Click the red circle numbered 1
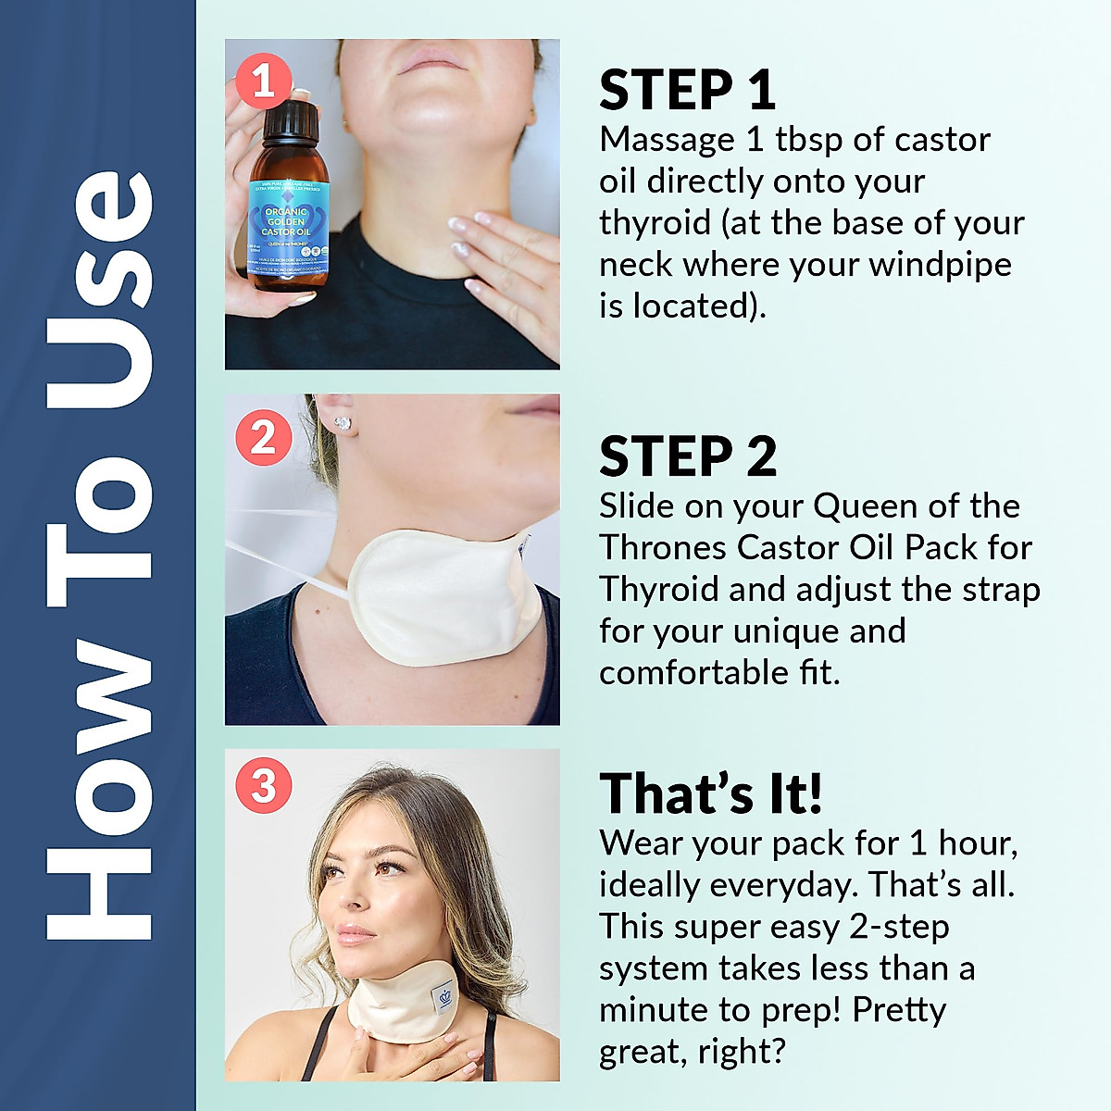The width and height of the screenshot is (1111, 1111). click(x=264, y=81)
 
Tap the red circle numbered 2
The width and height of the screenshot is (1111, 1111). click(x=264, y=437)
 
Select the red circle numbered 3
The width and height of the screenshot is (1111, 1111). click(x=264, y=786)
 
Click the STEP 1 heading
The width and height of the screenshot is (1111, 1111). click(x=687, y=91)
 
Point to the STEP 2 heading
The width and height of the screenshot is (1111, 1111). click(x=687, y=457)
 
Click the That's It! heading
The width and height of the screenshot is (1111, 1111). click(x=710, y=794)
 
